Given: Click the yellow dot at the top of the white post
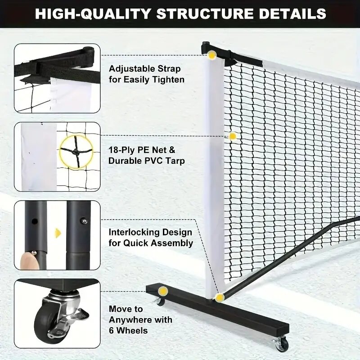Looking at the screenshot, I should (x=211, y=55).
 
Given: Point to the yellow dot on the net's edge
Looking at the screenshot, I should (x=233, y=136).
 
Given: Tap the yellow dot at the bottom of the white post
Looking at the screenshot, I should (x=219, y=297).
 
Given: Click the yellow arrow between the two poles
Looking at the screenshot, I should (x=57, y=233).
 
